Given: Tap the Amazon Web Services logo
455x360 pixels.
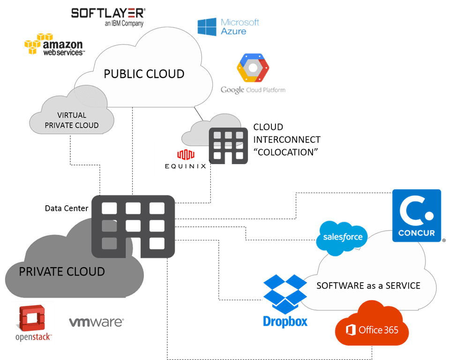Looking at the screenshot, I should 54,45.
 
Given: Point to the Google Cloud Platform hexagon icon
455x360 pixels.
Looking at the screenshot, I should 253,68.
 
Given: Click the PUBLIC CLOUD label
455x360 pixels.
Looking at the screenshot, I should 144,74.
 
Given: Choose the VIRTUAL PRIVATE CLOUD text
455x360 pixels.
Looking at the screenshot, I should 71,120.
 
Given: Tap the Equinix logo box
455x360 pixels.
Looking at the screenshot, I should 185,159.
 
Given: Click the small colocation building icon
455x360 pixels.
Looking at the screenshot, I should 228,145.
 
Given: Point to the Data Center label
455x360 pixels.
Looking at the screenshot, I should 67,208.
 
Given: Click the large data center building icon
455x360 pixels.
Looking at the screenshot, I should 133,226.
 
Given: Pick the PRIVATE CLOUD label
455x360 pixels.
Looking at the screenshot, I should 62,272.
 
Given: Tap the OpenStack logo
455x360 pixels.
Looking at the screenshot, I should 33,323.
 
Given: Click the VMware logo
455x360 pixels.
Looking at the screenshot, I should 97,322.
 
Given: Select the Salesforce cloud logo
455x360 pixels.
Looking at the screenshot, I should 343,237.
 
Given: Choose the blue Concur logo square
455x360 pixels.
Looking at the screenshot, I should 417,215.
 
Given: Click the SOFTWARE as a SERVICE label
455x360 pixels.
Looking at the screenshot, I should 368,285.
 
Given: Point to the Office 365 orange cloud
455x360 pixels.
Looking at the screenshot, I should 372,324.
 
